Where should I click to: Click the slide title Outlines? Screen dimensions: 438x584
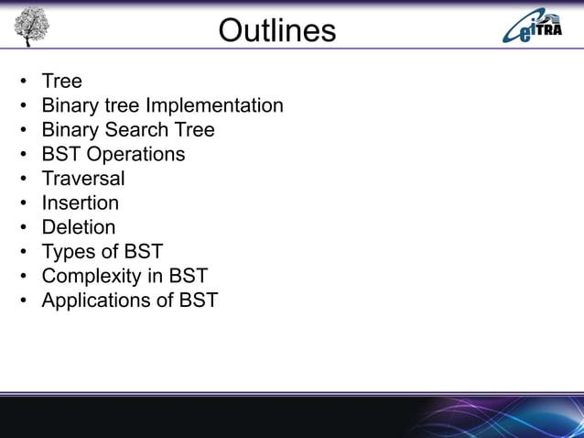click(277, 30)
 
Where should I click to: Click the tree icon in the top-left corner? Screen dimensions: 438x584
click(30, 26)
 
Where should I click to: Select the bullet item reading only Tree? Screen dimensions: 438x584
click(61, 82)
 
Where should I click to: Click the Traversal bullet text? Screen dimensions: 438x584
click(82, 178)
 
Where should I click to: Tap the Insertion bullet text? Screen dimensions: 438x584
click(80, 203)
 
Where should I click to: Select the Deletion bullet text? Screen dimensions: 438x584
click(79, 226)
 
